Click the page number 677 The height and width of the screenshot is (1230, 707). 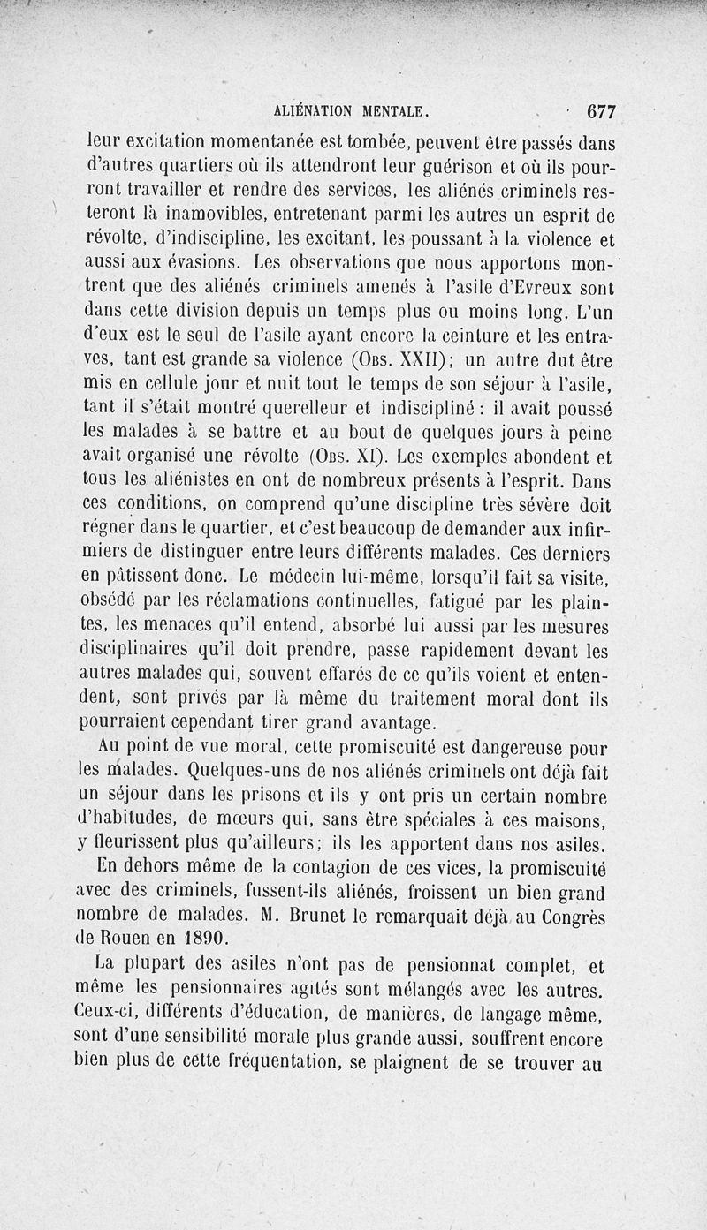point(599,112)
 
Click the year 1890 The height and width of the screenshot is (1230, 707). point(201,940)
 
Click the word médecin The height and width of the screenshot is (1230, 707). point(296,579)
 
